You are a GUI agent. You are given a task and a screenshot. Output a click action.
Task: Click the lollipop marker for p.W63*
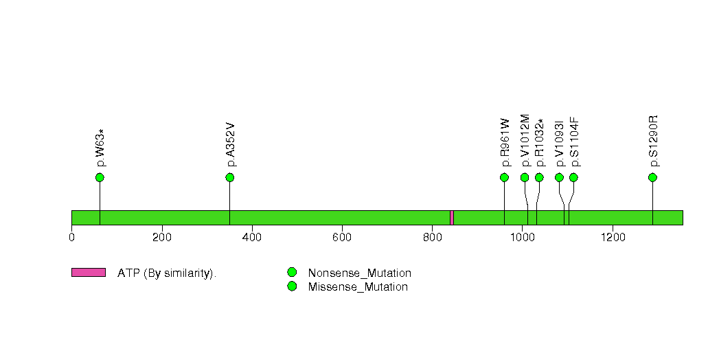(x=100, y=177)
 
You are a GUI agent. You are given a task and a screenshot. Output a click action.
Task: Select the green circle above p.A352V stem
(x=230, y=177)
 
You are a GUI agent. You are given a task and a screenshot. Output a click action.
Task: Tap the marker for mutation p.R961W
(x=505, y=177)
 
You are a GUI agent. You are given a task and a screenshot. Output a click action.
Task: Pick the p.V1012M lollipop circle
(x=525, y=177)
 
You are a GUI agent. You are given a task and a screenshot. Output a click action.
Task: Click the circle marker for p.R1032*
(x=539, y=177)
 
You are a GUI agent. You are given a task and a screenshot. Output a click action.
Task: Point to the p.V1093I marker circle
(x=559, y=177)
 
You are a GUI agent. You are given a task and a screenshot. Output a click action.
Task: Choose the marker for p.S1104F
(x=573, y=177)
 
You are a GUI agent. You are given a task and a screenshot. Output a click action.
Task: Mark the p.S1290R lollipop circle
(x=652, y=177)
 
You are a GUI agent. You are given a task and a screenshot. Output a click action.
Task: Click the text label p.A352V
(x=231, y=144)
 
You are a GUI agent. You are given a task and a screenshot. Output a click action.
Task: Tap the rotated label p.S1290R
(x=654, y=141)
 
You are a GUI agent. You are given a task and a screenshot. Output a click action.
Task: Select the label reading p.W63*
(x=100, y=148)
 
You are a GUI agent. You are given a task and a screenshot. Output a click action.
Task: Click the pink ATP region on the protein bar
(x=452, y=218)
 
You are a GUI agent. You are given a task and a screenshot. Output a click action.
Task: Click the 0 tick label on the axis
(x=71, y=237)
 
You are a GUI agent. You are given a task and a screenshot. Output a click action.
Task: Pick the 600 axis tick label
(x=342, y=237)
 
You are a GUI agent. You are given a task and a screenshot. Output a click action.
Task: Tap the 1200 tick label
(x=613, y=237)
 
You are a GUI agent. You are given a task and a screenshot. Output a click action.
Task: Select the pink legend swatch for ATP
(x=89, y=273)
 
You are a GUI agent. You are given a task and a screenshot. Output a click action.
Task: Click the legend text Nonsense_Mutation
(x=360, y=273)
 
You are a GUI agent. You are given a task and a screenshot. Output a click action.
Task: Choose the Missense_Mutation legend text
(x=358, y=287)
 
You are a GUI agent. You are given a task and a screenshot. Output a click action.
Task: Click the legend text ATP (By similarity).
(x=167, y=273)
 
